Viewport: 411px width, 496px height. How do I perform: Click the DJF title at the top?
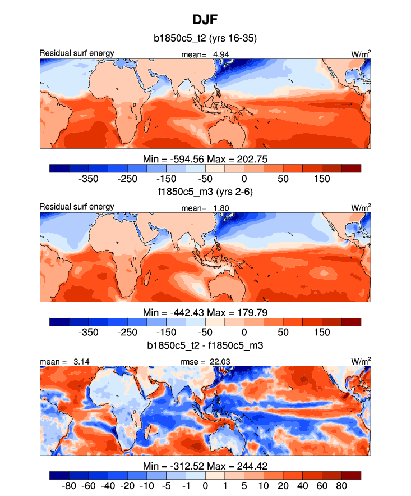coord(205,20)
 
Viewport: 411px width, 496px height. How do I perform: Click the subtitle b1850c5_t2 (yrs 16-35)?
coord(205,39)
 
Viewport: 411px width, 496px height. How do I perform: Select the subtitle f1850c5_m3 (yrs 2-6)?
coord(205,192)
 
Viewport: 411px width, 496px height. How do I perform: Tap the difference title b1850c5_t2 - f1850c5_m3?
coord(205,345)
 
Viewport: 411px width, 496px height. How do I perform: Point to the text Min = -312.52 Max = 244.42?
coord(205,465)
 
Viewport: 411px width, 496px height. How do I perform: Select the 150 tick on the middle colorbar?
coord(322,332)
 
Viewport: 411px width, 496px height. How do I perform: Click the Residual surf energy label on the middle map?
coord(77,207)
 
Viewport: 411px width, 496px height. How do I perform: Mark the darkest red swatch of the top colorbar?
coord(351,168)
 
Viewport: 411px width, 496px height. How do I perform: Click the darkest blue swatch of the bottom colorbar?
coord(59,475)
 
